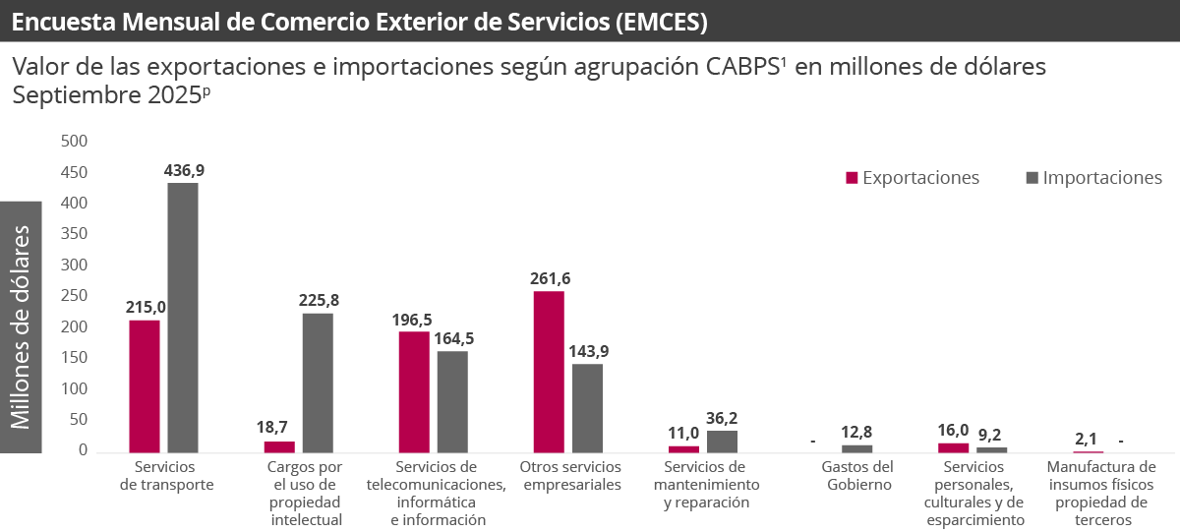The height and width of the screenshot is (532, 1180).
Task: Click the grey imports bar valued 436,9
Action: tap(182, 318)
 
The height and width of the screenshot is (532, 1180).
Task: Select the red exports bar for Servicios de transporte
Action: tap(144, 385)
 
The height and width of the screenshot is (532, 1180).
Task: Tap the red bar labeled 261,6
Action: tap(549, 371)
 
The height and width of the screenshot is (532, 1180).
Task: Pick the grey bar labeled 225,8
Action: tap(318, 383)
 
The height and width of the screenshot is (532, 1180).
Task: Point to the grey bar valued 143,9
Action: tap(587, 407)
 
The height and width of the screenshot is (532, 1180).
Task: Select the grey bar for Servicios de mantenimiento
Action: tap(722, 442)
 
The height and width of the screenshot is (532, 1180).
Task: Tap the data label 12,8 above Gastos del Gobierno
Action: tap(856, 432)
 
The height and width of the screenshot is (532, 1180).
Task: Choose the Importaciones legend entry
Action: tap(1101, 178)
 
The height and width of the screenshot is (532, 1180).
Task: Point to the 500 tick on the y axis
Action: tap(75, 142)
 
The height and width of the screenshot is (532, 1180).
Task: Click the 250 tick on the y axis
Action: tap(75, 296)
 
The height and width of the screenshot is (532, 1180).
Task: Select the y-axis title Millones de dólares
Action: tap(21, 327)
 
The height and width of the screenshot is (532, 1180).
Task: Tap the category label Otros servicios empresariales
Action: tap(571, 475)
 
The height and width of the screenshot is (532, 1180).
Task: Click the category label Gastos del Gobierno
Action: tap(856, 475)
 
